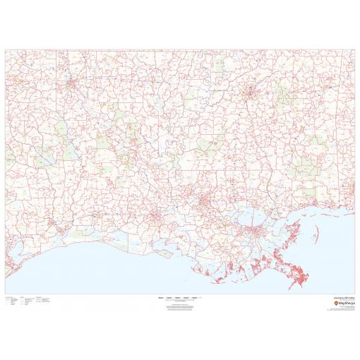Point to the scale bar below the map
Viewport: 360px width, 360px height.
click(x=179, y=299)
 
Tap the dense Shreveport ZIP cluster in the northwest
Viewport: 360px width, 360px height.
click(x=71, y=84)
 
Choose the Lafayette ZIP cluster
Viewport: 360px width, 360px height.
click(x=155, y=215)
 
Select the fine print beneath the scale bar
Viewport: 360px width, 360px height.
click(x=179, y=306)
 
